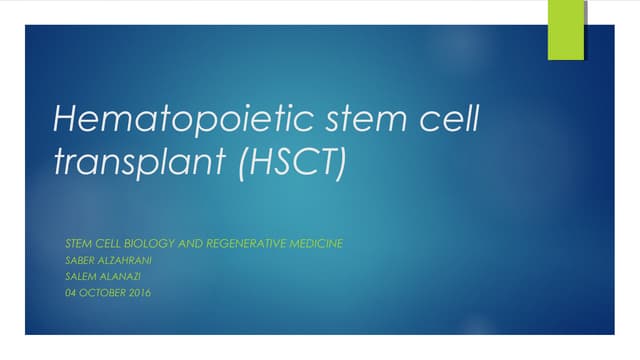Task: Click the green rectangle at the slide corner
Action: (565, 30)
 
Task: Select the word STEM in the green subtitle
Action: (76, 243)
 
